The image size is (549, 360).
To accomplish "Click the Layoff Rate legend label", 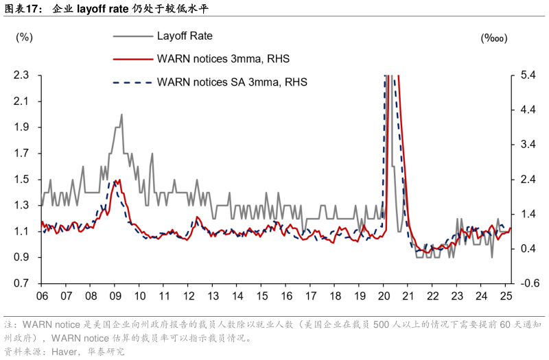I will pyautogui.click(x=186, y=35).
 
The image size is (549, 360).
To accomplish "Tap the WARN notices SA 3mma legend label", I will pyautogui.click(x=232, y=82).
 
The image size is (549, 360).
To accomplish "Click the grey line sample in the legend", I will pyautogui.click(x=131, y=36).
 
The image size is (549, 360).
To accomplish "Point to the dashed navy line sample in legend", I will pyautogui.click(x=131, y=82).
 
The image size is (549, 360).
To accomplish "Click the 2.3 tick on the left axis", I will pyautogui.click(x=24, y=75).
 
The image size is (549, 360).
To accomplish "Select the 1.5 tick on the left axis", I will pyautogui.click(x=24, y=180).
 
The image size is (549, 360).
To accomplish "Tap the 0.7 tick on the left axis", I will pyautogui.click(x=24, y=284).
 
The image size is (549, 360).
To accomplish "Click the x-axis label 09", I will pyautogui.click(x=115, y=296).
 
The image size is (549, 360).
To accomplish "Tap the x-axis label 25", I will pyautogui.click(x=506, y=296).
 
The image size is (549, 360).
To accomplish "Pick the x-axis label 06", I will pyautogui.click(x=42, y=296).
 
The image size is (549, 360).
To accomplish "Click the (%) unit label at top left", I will pyautogui.click(x=24, y=36).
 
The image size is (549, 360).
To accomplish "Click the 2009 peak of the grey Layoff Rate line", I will pyautogui.click(x=121, y=115).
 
